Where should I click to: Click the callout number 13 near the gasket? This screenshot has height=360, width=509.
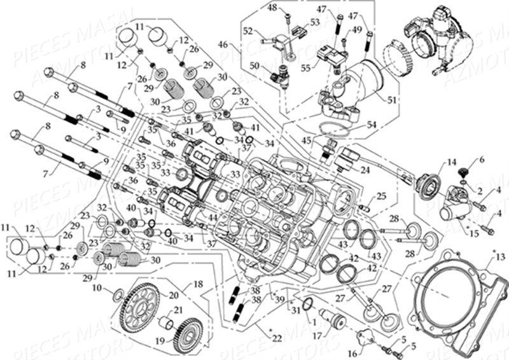499,256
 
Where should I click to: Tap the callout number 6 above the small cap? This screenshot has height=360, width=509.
481,159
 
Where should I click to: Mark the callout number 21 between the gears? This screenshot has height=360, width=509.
178,310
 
